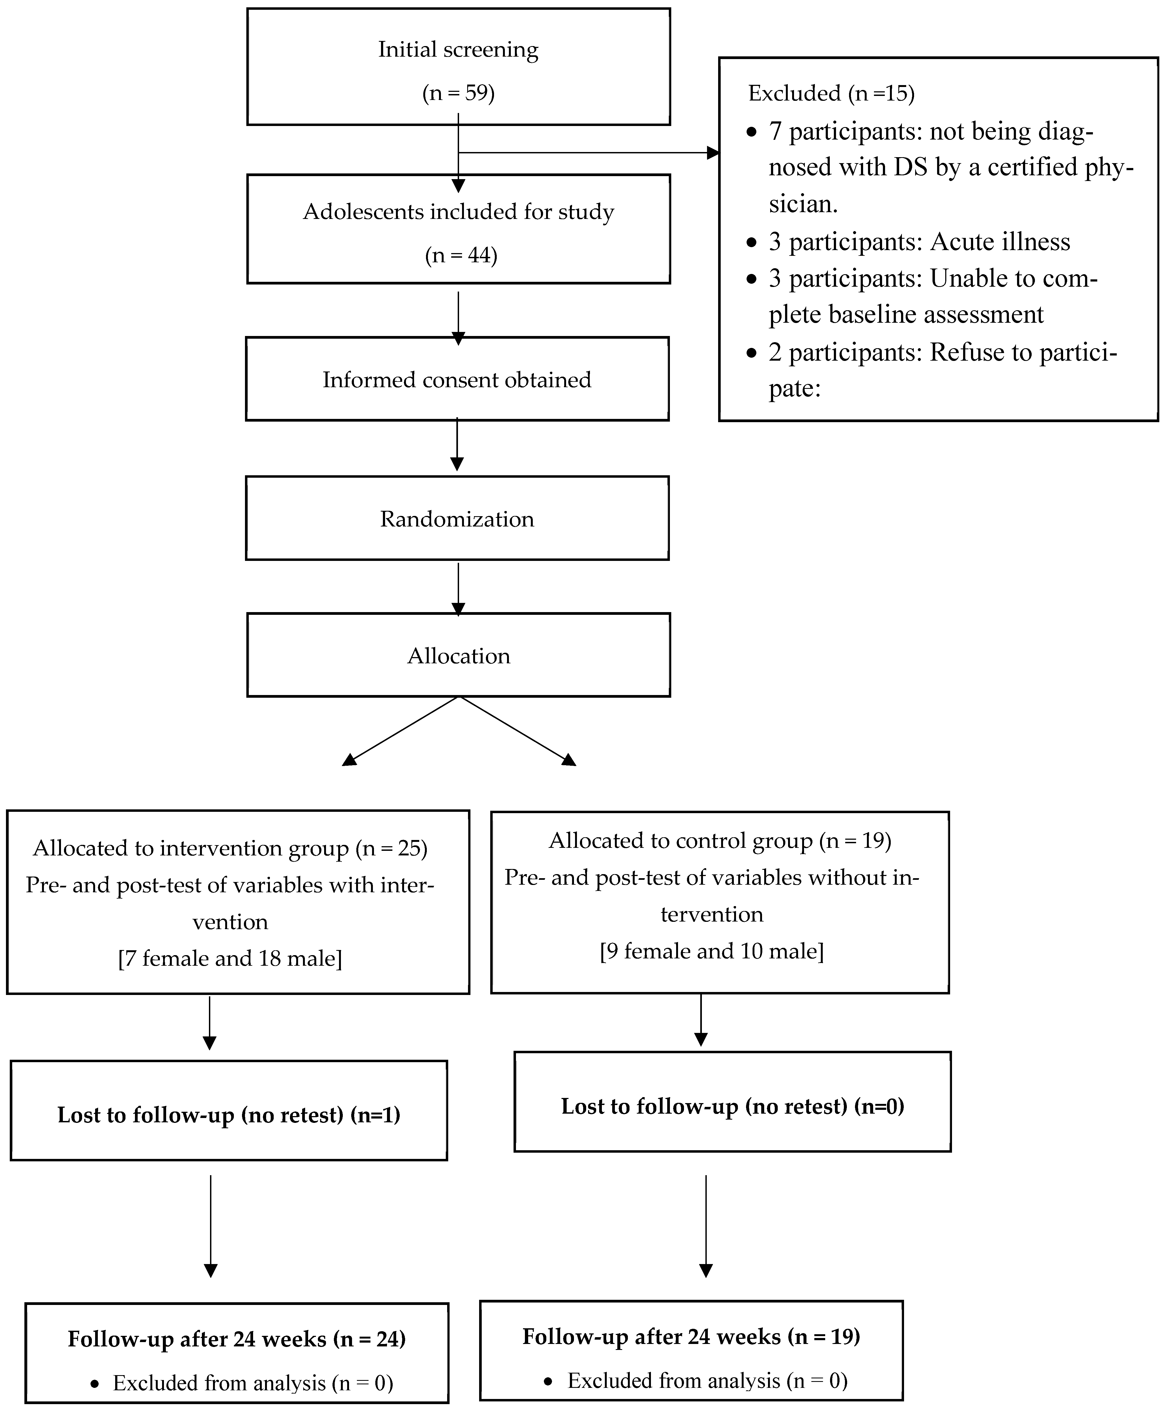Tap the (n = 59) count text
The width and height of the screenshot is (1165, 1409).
[458, 93]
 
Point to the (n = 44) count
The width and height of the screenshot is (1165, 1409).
[461, 256]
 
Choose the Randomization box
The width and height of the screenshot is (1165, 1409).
[457, 519]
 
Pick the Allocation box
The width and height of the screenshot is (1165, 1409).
[458, 655]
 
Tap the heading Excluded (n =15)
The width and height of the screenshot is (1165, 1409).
[831, 93]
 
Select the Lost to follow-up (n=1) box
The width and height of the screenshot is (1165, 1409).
[229, 1114]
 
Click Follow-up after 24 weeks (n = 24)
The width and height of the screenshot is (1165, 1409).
[236, 1339]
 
